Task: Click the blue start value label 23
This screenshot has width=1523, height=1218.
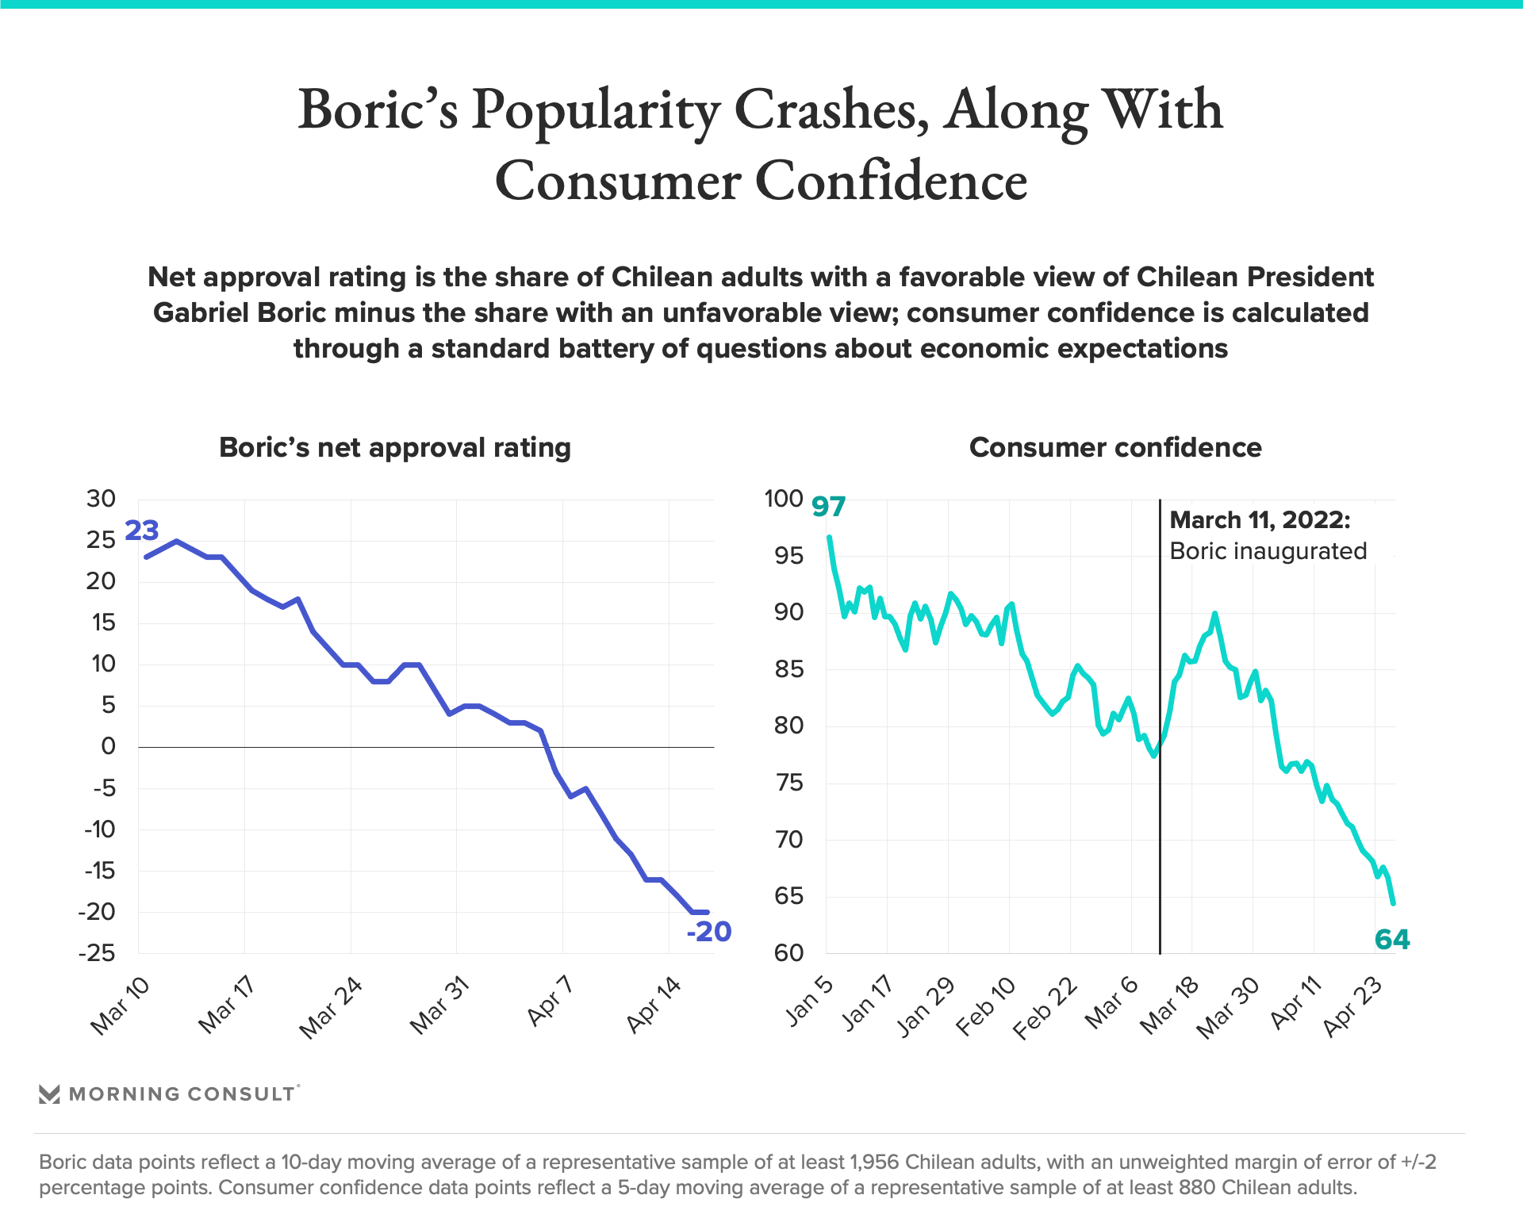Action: click(142, 530)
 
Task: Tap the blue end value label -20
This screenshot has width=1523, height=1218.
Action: click(708, 931)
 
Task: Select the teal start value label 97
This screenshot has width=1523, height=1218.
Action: click(829, 506)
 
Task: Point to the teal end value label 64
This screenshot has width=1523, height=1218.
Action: click(1392, 940)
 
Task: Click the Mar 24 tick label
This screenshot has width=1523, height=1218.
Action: click(331, 1008)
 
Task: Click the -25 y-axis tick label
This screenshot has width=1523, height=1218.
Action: click(97, 953)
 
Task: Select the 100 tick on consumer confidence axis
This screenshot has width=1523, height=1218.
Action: click(784, 499)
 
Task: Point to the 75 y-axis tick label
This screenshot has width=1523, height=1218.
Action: click(788, 783)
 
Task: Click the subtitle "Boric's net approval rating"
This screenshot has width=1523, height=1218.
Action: click(395, 447)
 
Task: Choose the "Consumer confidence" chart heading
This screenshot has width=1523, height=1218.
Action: click(1115, 447)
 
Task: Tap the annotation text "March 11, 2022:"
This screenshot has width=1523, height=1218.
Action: click(1260, 520)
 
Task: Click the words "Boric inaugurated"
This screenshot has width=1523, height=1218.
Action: click(1268, 551)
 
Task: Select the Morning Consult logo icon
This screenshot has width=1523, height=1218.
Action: click(49, 1094)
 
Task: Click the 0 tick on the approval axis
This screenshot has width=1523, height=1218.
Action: click(109, 746)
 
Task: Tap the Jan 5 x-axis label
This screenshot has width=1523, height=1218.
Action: click(810, 1002)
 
